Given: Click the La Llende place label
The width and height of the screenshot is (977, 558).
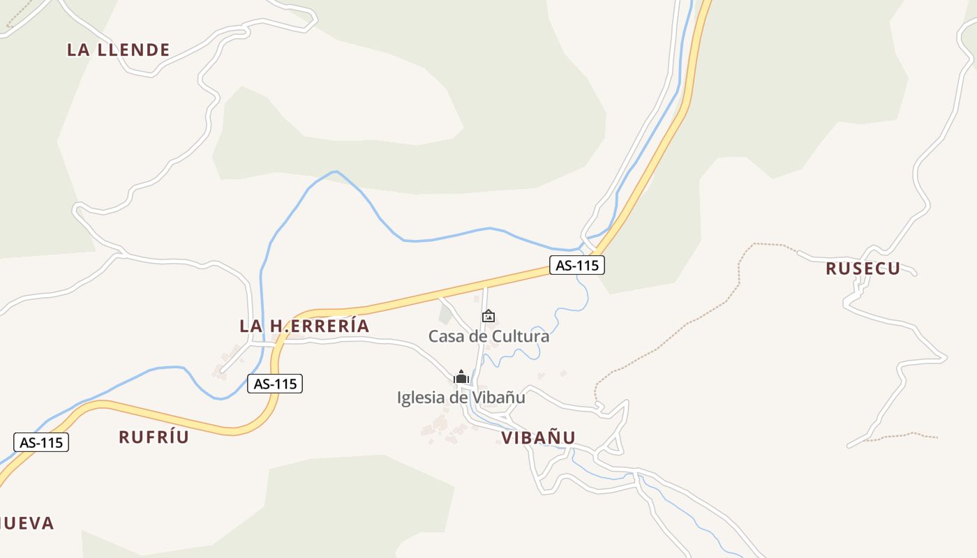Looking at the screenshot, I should tap(119, 50).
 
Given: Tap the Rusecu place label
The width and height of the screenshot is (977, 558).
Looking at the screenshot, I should tap(863, 269).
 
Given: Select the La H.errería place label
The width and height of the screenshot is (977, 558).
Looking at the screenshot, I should tap(304, 326).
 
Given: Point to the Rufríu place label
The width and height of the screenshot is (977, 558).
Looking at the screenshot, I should tap(154, 437).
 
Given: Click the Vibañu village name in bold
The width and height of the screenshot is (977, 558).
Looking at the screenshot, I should tap(538, 438).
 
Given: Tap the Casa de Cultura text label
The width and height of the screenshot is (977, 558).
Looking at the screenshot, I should tap(488, 336).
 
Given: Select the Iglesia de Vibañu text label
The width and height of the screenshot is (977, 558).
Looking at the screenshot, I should tap(461, 398).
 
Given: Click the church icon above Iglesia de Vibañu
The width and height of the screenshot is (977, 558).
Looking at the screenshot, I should tap(461, 377).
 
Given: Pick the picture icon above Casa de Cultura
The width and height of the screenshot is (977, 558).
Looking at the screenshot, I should tap(488, 316).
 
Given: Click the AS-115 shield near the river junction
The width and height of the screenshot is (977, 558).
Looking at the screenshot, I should tap(576, 265).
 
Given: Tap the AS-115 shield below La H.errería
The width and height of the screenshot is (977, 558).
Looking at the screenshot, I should tap(275, 384).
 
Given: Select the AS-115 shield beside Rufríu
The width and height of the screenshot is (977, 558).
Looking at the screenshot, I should tap(41, 442).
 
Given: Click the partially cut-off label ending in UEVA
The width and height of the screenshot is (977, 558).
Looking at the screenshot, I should tap(27, 523).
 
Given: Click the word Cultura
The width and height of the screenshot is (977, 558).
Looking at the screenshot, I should tap(520, 336).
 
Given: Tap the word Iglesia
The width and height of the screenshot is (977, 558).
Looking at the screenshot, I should tap(420, 398).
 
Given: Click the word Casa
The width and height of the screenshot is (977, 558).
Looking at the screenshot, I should tap(445, 336).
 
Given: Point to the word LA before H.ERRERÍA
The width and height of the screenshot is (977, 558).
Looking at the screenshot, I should tap(251, 326).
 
